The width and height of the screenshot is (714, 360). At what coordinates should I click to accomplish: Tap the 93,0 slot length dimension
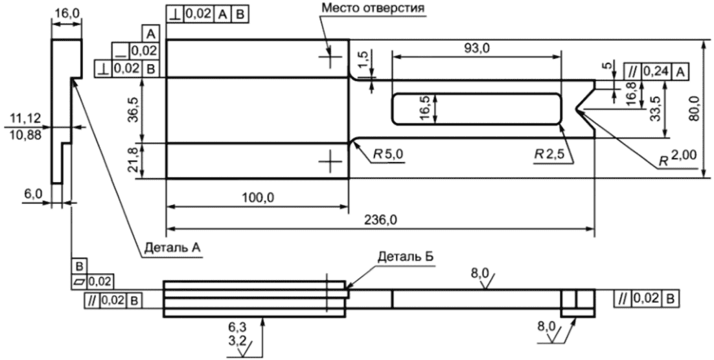(x=475, y=49)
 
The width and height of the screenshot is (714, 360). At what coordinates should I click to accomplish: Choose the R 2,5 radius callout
(x=549, y=154)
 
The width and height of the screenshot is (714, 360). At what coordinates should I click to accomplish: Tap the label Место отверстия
(x=373, y=8)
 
